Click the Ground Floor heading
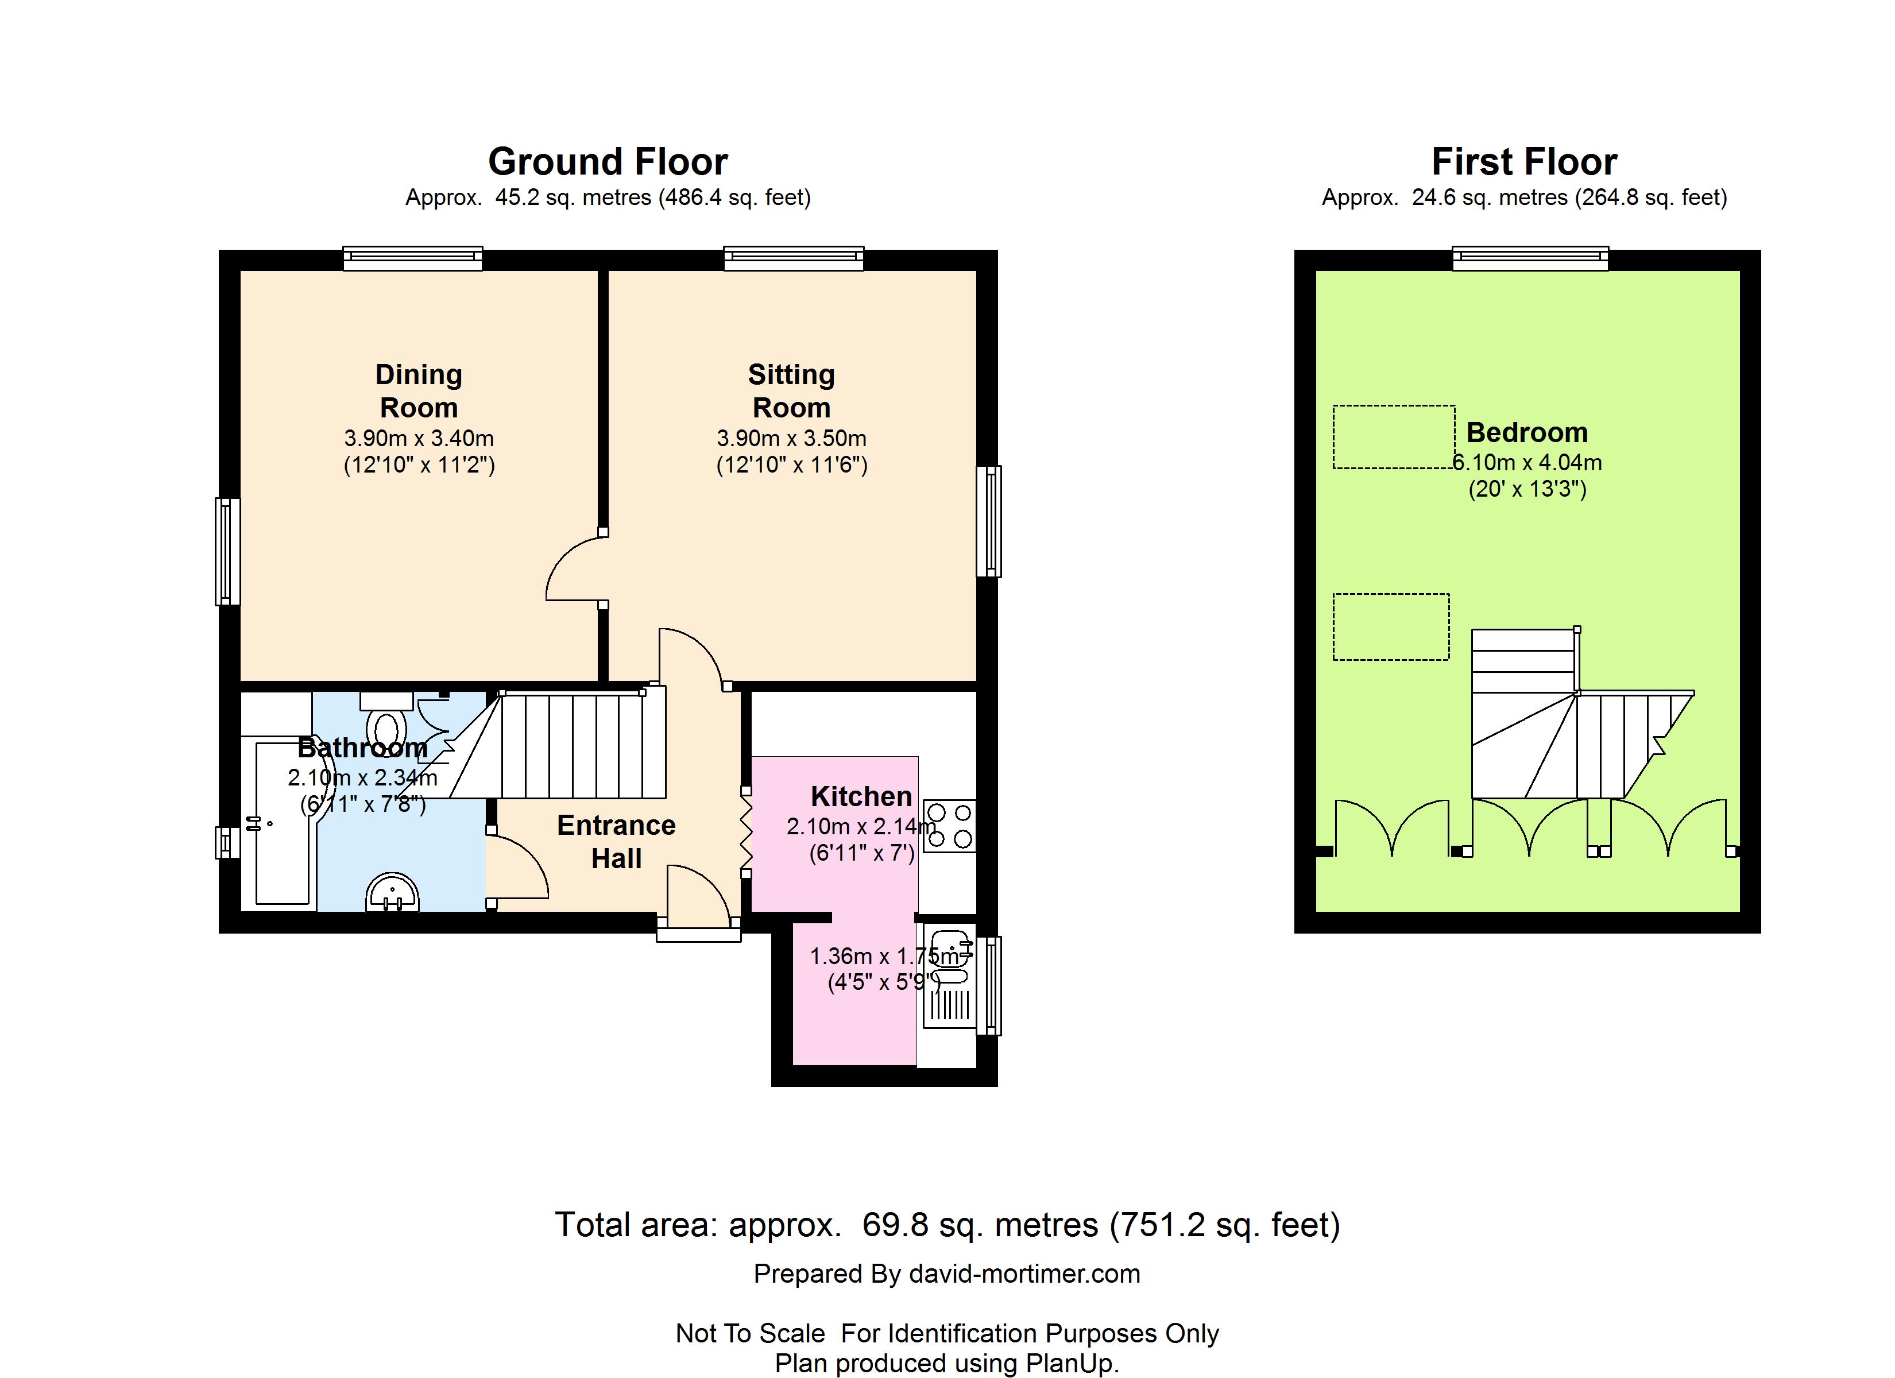(x=608, y=162)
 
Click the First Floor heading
(x=1524, y=162)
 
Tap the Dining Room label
(x=419, y=391)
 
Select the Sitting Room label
(x=791, y=391)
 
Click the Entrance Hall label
(x=617, y=842)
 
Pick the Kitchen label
(x=861, y=796)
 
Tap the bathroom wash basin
(x=392, y=892)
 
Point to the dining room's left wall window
(x=228, y=552)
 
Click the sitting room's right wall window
(x=989, y=521)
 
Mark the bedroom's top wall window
(x=1531, y=258)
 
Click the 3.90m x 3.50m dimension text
(x=791, y=438)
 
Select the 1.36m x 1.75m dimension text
(x=885, y=956)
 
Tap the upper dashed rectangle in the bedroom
(x=1394, y=437)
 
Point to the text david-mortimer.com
(x=1024, y=1274)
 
